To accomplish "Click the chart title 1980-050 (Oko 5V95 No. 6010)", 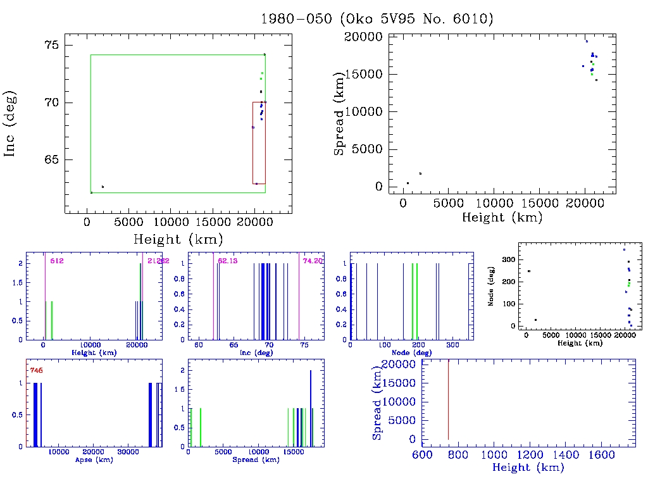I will pyautogui.click(x=377, y=18).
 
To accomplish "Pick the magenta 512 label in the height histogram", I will pyautogui.click(x=56, y=261).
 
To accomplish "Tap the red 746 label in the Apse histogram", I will pyautogui.click(x=36, y=370).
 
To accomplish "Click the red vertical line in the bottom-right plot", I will pyautogui.click(x=448, y=399).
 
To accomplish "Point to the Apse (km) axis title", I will pyautogui.click(x=93, y=460).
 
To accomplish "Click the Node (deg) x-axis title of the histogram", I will pyautogui.click(x=409, y=352).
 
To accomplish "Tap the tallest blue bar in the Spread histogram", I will pyautogui.click(x=311, y=409).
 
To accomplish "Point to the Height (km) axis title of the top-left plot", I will pyautogui.click(x=177, y=239).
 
